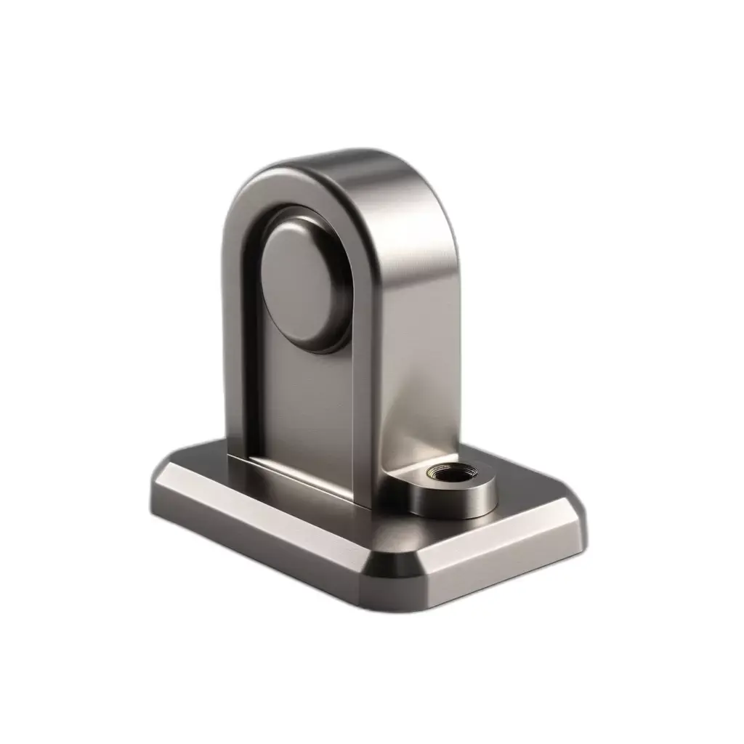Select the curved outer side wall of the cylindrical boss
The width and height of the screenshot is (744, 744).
click(x=450, y=501)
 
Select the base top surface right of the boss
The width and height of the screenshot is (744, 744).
click(x=530, y=501)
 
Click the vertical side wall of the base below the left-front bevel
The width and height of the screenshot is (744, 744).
click(x=254, y=541)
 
